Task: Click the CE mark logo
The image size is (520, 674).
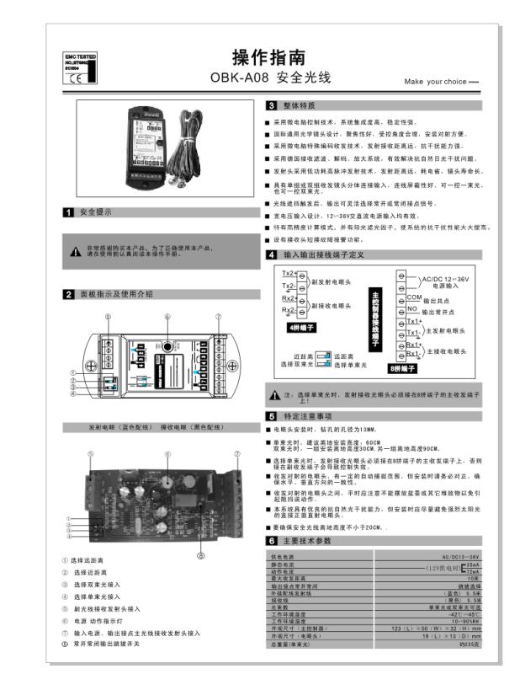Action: coord(73,79)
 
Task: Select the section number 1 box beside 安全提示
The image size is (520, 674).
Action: coord(68,212)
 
